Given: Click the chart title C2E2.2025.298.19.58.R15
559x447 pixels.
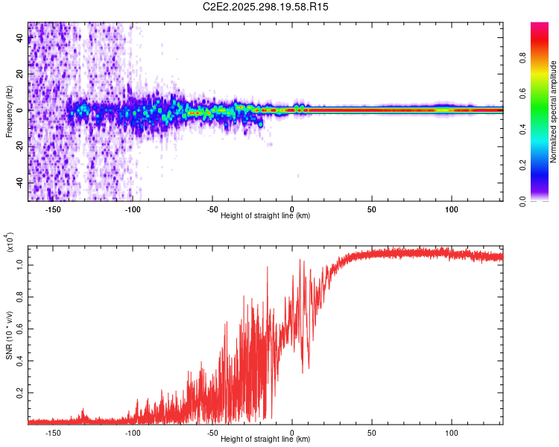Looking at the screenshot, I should click(266, 7).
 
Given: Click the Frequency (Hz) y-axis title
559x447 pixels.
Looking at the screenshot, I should click(9, 112).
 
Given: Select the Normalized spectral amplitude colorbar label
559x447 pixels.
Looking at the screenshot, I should click(554, 112).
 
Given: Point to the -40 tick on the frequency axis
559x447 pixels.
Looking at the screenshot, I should click(20, 183).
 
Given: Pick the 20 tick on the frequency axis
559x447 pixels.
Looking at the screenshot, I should click(20, 74).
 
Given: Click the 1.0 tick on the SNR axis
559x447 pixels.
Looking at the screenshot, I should click(20, 264).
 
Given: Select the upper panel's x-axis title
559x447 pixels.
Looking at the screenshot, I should click(266, 215).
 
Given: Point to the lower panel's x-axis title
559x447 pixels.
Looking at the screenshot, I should click(266, 439).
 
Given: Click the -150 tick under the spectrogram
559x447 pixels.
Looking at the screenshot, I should click(54, 209).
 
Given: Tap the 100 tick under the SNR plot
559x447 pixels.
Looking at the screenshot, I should click(452, 432).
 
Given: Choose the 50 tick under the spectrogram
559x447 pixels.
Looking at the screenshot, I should click(372, 209).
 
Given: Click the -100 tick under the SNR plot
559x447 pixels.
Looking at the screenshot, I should click(133, 432).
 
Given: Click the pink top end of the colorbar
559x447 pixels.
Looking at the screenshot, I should click(539, 27).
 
